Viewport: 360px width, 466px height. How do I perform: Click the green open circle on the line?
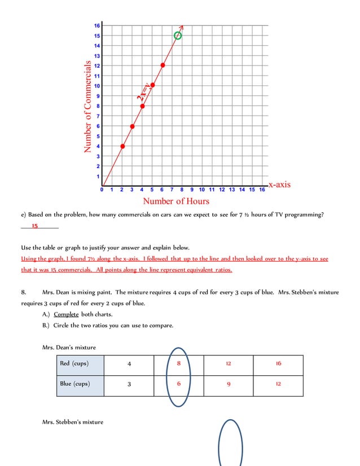[x=178, y=36]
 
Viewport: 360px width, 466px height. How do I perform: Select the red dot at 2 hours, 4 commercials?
[x=122, y=146]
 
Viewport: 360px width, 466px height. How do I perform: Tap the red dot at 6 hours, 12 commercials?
[x=163, y=65]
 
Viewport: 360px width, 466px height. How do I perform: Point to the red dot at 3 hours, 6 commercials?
[x=132, y=126]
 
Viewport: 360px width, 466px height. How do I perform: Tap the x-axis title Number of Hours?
[x=175, y=201]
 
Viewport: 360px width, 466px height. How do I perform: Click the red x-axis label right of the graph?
[x=279, y=184]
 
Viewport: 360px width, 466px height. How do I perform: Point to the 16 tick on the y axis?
[x=97, y=25]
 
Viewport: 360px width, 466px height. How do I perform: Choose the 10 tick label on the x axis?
[x=201, y=190]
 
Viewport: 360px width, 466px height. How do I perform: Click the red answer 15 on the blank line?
[x=34, y=226]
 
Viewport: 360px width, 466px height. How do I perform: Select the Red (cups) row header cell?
[x=80, y=364]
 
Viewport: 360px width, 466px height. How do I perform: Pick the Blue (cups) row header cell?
[x=80, y=384]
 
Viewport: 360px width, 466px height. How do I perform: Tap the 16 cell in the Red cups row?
[x=278, y=364]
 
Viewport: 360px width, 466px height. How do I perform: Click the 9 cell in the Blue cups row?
[x=228, y=384]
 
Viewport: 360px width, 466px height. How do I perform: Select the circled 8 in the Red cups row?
[x=178, y=364]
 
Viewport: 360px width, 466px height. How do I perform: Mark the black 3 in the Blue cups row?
[x=129, y=384]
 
